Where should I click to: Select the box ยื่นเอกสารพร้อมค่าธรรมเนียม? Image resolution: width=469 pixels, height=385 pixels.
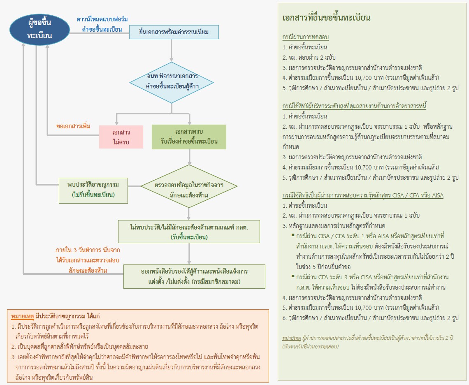[x=174, y=32]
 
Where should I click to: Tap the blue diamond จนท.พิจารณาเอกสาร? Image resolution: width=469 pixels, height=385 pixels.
[x=172, y=82]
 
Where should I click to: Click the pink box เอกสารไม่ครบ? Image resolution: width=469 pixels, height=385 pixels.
[x=121, y=137]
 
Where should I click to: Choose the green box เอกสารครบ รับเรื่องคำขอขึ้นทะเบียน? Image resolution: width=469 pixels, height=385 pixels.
[x=189, y=137]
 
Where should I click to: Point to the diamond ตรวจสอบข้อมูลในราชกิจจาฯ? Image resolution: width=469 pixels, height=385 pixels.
[x=189, y=186]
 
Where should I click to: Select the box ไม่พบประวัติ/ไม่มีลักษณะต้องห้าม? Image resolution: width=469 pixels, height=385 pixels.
[x=189, y=232]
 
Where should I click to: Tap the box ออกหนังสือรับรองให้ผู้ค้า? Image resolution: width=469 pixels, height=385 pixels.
[x=189, y=276]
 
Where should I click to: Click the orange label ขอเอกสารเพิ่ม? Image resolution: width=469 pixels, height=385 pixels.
[x=73, y=126]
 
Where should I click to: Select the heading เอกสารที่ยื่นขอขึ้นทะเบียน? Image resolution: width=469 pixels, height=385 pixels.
[x=327, y=18]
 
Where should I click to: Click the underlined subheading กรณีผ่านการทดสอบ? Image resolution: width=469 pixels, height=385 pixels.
[x=305, y=37]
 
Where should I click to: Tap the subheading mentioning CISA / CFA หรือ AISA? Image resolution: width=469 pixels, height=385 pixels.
[x=363, y=195]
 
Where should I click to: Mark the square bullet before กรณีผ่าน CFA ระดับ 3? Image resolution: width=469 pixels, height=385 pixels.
[x=293, y=276]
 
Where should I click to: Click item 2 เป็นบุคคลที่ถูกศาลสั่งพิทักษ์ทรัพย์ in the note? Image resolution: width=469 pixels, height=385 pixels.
[x=80, y=346]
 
